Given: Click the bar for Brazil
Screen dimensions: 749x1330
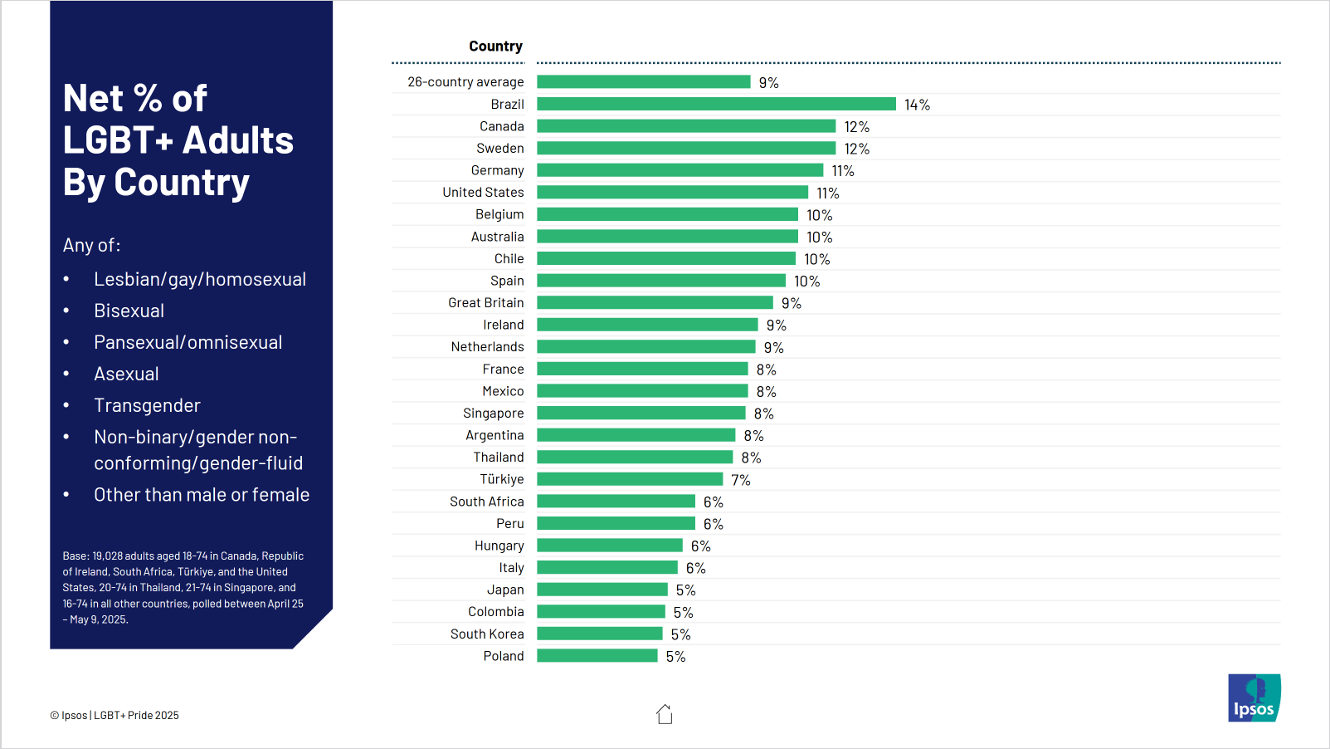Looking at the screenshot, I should (716, 104).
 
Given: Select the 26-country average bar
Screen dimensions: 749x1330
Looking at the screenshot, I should (643, 81).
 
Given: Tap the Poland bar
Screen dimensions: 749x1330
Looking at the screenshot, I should (597, 656).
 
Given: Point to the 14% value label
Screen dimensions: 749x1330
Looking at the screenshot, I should (917, 105).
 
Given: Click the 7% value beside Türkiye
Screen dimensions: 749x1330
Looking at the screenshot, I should (740, 480).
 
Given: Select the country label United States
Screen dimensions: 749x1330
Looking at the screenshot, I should (483, 193).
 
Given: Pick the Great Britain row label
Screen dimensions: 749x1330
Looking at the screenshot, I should (485, 303).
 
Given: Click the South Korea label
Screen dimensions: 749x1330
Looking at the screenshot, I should (487, 634).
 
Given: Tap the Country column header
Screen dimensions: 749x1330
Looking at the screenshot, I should (495, 47).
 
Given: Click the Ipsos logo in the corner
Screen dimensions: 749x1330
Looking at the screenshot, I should (1254, 698).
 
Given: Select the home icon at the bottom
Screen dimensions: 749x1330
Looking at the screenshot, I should (665, 714).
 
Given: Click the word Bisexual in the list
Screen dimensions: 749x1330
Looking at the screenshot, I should (129, 311).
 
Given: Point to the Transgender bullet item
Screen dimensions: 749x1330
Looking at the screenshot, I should (147, 405).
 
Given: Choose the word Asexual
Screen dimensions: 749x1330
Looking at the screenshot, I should (126, 374).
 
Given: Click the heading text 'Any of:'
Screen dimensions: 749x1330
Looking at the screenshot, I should (91, 245).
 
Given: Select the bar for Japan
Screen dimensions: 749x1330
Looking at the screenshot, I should (602, 590).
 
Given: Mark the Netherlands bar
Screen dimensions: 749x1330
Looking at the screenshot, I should (646, 347).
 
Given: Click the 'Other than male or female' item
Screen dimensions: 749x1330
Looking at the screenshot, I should (202, 495).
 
